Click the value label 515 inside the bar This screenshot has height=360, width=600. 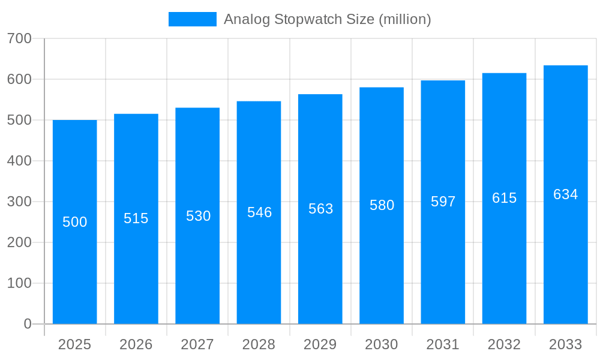point(136,218)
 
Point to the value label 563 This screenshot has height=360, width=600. point(320,209)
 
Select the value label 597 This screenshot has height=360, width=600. point(443,202)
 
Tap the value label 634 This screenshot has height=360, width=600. point(565,194)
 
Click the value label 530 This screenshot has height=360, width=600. point(198,216)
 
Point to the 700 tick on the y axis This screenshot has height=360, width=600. point(19,38)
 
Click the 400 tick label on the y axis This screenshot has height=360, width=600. point(19,161)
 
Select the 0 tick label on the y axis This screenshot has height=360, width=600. point(28,324)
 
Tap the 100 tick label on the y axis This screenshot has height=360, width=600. point(19,283)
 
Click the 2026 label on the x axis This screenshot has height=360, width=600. point(136,344)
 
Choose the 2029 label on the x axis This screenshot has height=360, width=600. point(320,344)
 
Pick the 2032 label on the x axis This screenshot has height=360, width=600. point(504,344)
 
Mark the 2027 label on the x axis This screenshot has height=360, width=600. point(197,344)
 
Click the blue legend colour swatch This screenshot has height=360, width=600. point(193,19)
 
